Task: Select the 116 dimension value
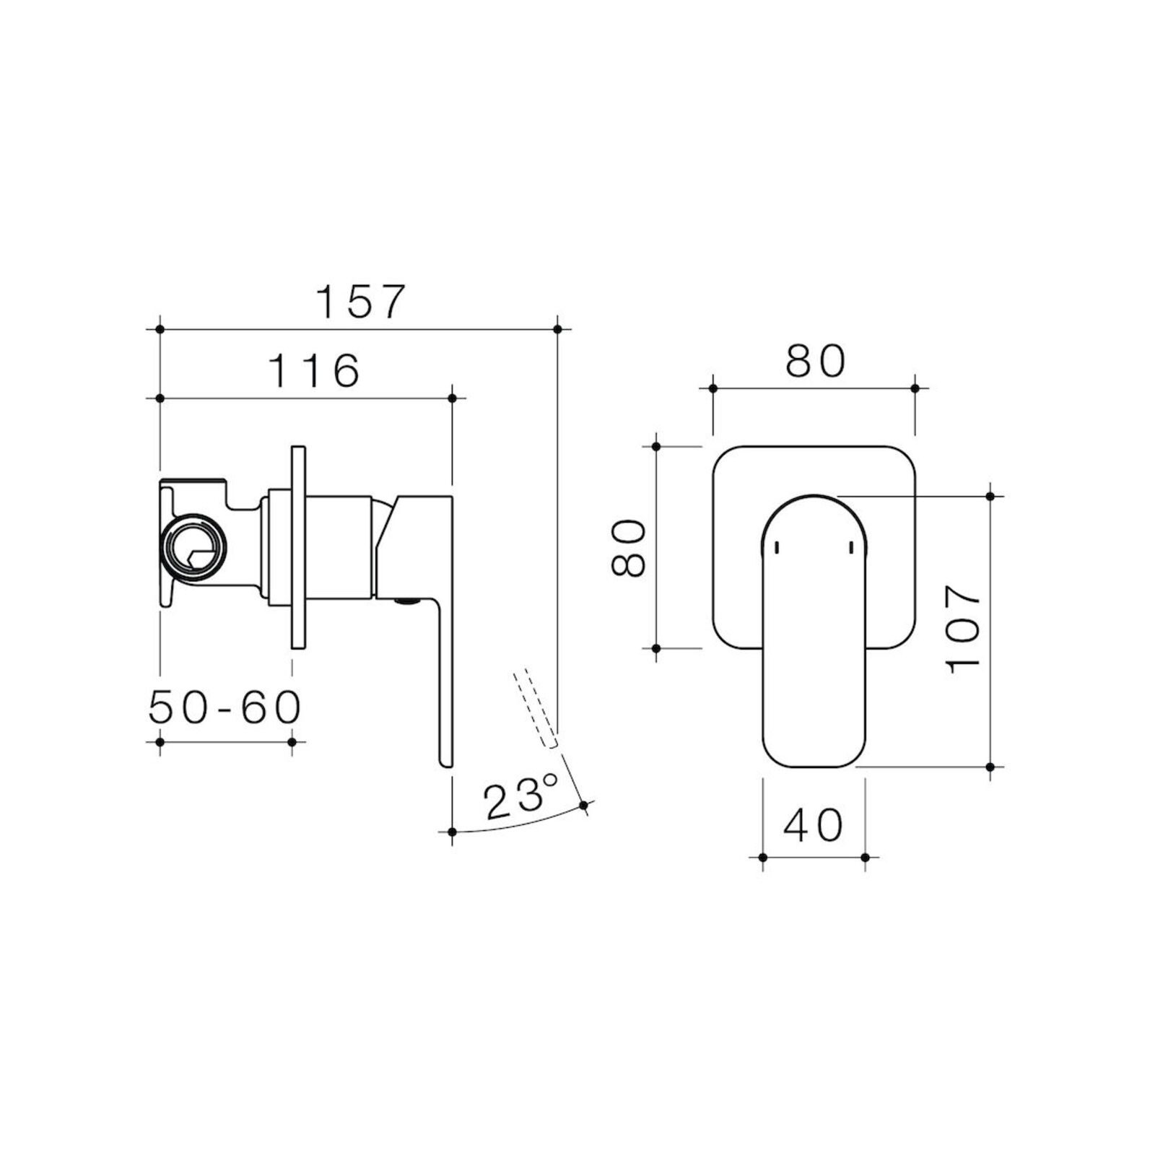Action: (314, 370)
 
